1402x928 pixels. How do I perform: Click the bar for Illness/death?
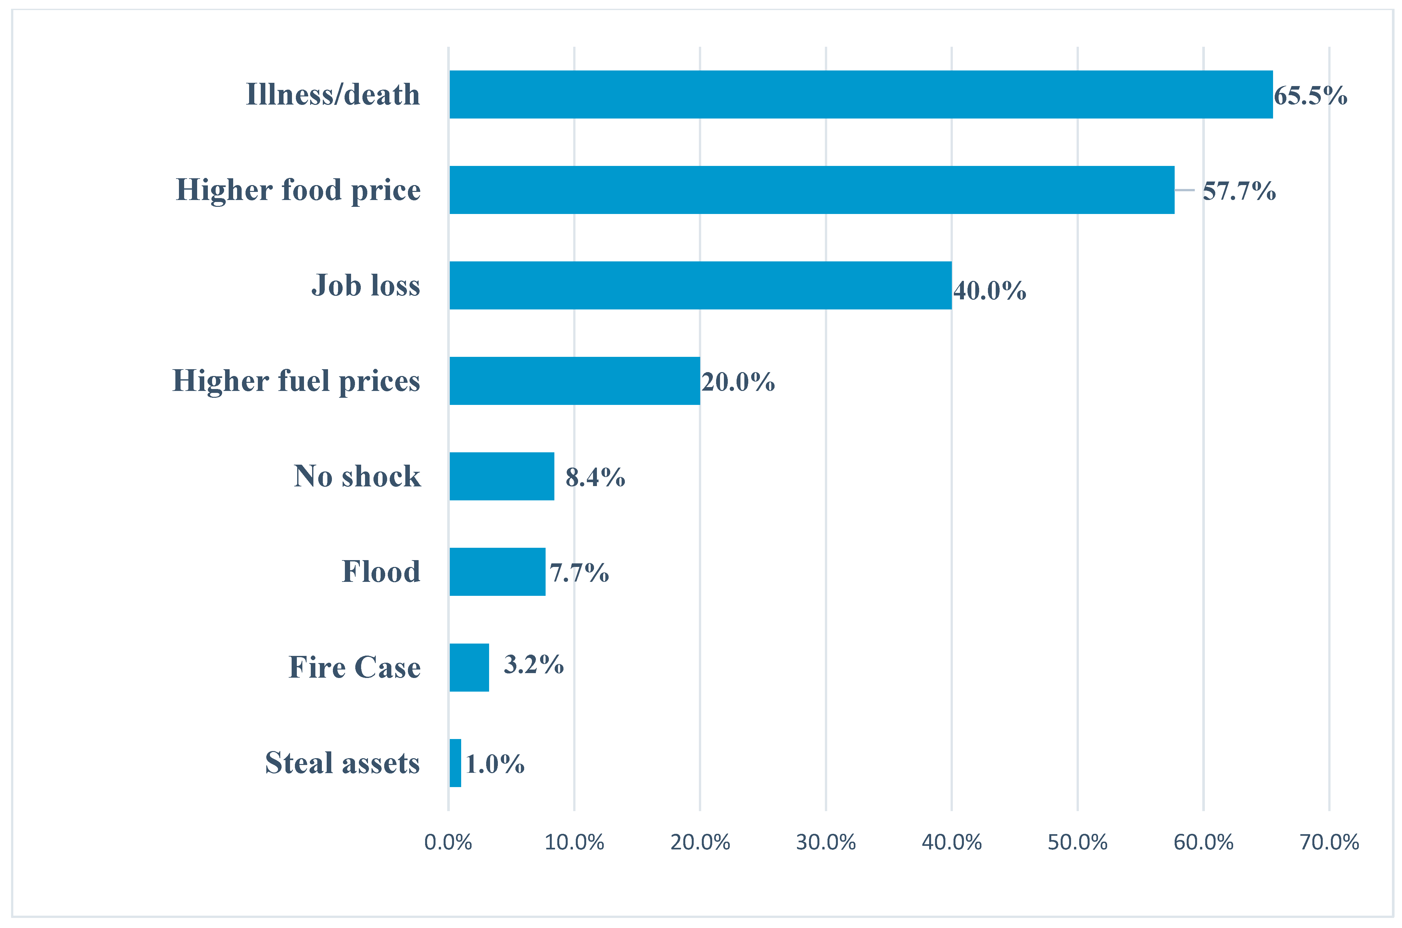pos(861,95)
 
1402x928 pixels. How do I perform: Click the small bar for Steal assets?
pos(455,763)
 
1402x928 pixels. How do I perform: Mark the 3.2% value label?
pos(533,665)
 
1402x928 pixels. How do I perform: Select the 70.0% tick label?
pos(1329,842)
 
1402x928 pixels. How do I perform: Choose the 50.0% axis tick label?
pos(1077,842)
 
